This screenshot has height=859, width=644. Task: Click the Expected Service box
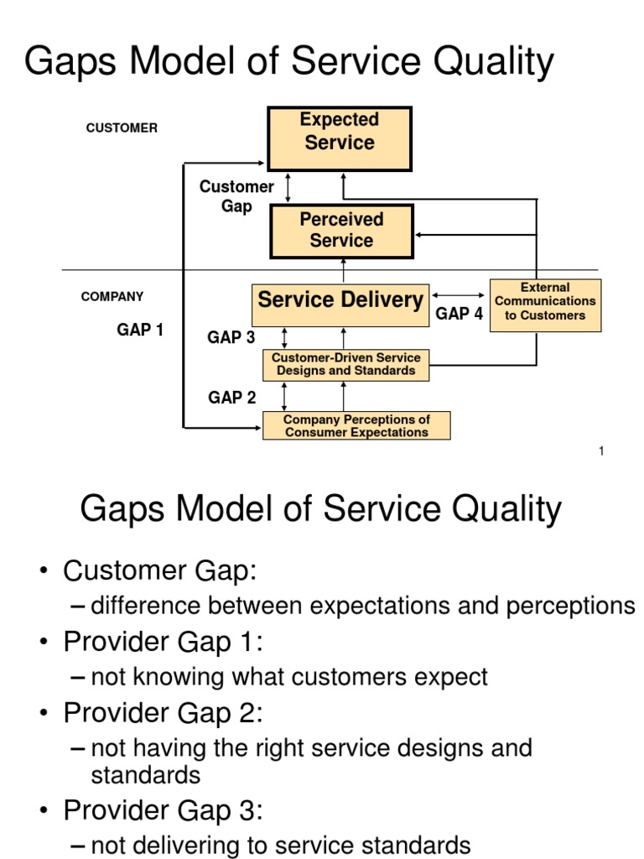340,138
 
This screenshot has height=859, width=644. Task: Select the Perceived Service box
341,231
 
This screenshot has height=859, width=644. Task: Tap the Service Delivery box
340,300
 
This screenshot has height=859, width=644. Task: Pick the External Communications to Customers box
545,301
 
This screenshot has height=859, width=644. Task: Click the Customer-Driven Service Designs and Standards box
346,364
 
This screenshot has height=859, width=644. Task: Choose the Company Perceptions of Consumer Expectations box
356,425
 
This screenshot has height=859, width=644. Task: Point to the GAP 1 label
140,330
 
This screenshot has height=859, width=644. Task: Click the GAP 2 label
232,398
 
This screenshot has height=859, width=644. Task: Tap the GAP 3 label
231,337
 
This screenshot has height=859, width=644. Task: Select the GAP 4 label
459,315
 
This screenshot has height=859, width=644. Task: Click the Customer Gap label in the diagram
236,196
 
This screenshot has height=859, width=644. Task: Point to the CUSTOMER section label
122,128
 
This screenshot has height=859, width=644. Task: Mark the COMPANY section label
112,297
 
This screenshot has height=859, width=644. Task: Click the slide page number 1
601,452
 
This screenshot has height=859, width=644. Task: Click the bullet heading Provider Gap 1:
164,642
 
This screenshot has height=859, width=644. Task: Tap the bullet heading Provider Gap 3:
164,810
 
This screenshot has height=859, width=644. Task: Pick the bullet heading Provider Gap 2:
164,713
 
